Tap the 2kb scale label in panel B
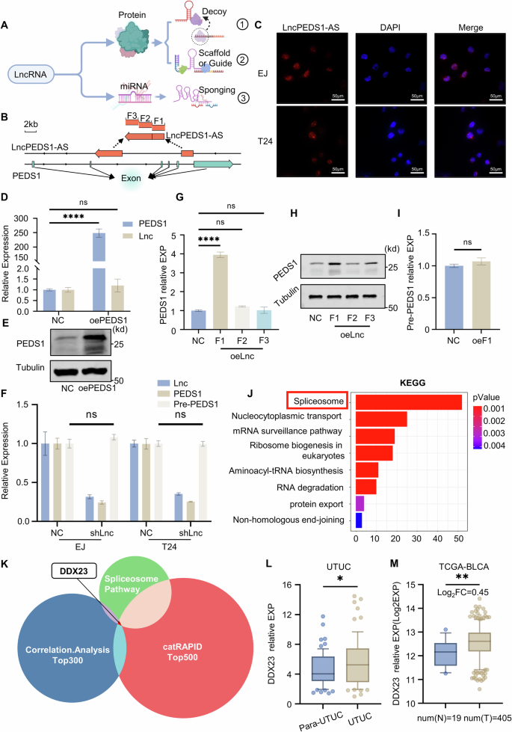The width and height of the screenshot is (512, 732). pos(31,123)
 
